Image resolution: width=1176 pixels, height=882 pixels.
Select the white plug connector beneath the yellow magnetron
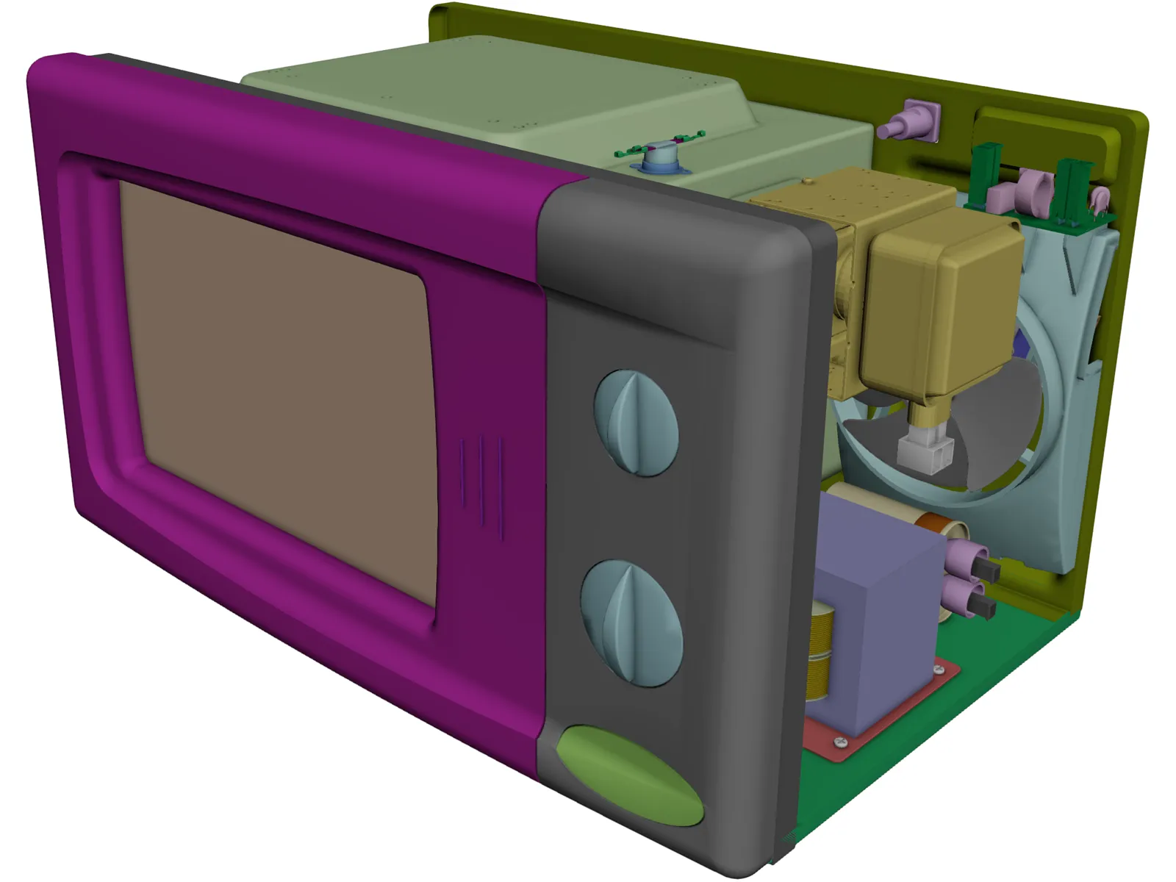(x=925, y=452)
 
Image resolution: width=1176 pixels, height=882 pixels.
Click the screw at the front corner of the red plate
(x=841, y=743)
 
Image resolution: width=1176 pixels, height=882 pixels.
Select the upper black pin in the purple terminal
(x=985, y=571)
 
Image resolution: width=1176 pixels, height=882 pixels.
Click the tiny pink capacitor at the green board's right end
(x=1100, y=197)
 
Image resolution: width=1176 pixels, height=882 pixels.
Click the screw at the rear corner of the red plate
(x=939, y=670)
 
